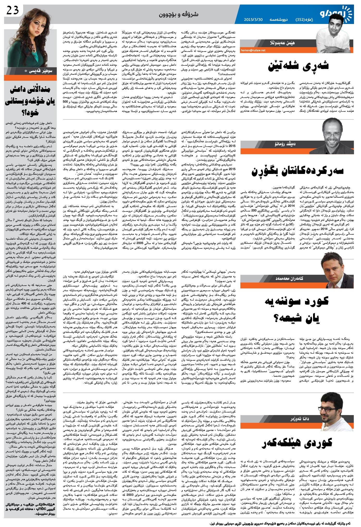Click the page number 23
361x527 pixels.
pos(13,11)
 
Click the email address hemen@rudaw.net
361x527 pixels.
pos(253,50)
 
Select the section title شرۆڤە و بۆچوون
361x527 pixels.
pos(179,15)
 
